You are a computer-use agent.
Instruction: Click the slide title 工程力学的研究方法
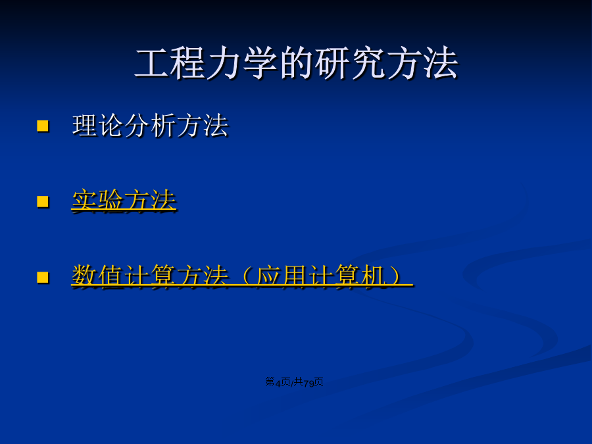(297, 63)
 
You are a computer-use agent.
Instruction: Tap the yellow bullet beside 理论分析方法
(43, 126)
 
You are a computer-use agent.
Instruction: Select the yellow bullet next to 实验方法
(43, 201)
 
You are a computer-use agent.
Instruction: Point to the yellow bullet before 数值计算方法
(43, 277)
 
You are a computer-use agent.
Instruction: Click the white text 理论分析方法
(150, 126)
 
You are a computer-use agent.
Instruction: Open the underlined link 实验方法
(124, 201)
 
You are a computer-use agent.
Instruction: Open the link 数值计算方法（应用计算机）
(241, 276)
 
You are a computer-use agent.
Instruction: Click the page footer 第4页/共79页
(295, 382)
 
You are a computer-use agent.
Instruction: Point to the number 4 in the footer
(278, 383)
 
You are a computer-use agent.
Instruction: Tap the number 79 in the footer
(309, 383)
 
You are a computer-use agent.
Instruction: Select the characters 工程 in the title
(170, 63)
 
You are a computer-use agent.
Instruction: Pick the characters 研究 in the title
(351, 63)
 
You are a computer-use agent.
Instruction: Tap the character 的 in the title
(297, 63)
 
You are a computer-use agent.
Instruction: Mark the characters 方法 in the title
(423, 63)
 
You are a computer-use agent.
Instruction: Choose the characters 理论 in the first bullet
(98, 126)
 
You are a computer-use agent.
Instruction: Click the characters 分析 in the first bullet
(150, 126)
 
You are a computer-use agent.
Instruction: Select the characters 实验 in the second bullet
(97, 201)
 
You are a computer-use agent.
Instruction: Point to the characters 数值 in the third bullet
(97, 276)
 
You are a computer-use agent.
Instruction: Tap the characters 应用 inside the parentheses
(282, 276)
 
